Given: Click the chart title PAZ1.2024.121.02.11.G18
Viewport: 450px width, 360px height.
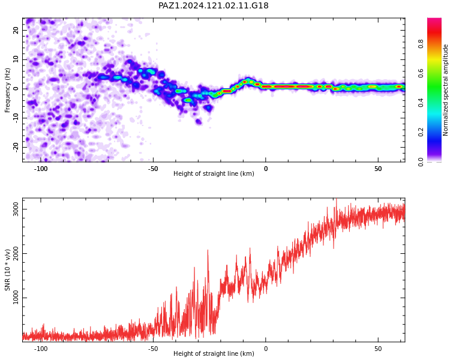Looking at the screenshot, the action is (x=214, y=5).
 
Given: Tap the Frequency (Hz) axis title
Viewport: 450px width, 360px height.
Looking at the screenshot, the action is (x=7, y=90).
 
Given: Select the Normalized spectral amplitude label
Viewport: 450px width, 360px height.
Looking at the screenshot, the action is (x=445, y=90).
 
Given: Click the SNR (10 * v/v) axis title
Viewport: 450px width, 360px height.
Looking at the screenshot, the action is (x=7, y=270).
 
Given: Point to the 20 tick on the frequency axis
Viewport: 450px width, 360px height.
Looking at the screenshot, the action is (x=16, y=30).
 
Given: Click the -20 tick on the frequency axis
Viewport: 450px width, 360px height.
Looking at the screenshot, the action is (x=16, y=148).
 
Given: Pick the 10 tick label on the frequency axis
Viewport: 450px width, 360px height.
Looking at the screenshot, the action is (x=16, y=59).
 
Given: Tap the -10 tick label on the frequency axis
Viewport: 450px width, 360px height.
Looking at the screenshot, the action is (x=16, y=118).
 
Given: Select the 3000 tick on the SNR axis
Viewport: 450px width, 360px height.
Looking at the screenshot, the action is (x=16, y=209).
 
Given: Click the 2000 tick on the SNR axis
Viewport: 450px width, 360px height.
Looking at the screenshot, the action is (x=16, y=253).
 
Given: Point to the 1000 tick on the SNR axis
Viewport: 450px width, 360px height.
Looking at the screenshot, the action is (x=16, y=298).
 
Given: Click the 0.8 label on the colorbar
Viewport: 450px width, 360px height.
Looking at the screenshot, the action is (x=421, y=44).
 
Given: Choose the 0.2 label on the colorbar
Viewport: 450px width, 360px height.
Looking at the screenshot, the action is (x=421, y=132).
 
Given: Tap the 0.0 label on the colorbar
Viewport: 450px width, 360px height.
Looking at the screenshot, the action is (x=421, y=162).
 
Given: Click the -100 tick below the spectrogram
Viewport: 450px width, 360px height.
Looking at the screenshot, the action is (x=41, y=169).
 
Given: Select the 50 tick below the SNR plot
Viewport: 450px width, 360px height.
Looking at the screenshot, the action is (x=378, y=349).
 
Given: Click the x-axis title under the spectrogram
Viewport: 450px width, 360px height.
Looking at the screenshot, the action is (x=214, y=173).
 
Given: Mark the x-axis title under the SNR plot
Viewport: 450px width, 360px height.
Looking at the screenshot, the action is (x=214, y=353).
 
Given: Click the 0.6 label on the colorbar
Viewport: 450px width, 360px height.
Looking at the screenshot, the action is (x=421, y=73).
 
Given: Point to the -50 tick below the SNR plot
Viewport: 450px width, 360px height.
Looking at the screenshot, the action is (x=153, y=349).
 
